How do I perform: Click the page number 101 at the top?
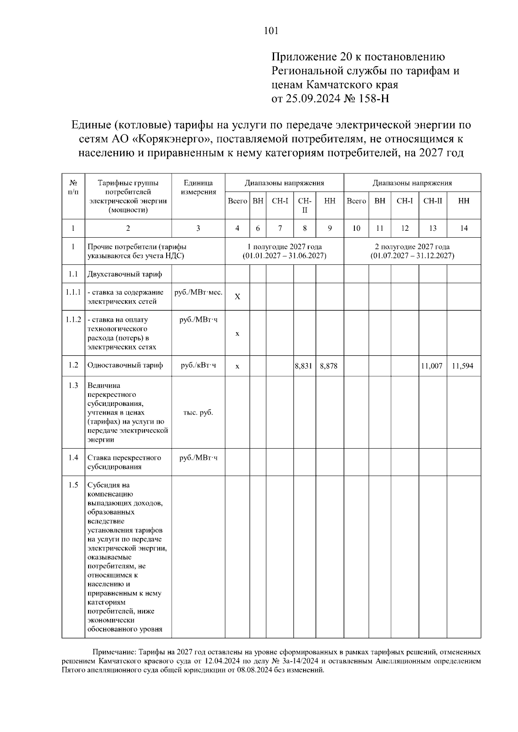(x=271, y=31)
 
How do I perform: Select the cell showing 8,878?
(x=328, y=366)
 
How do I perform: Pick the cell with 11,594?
(x=462, y=366)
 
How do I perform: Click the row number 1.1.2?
(x=73, y=320)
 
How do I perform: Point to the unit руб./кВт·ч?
(x=198, y=365)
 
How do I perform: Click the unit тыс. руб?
(x=198, y=412)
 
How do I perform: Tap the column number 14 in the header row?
(x=464, y=229)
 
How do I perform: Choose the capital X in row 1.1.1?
(x=237, y=297)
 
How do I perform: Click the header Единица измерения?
(x=198, y=187)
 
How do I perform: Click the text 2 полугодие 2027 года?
(x=412, y=247)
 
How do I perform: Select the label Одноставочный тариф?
(x=125, y=365)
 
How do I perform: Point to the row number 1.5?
(x=73, y=485)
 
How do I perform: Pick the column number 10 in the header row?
(x=356, y=229)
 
